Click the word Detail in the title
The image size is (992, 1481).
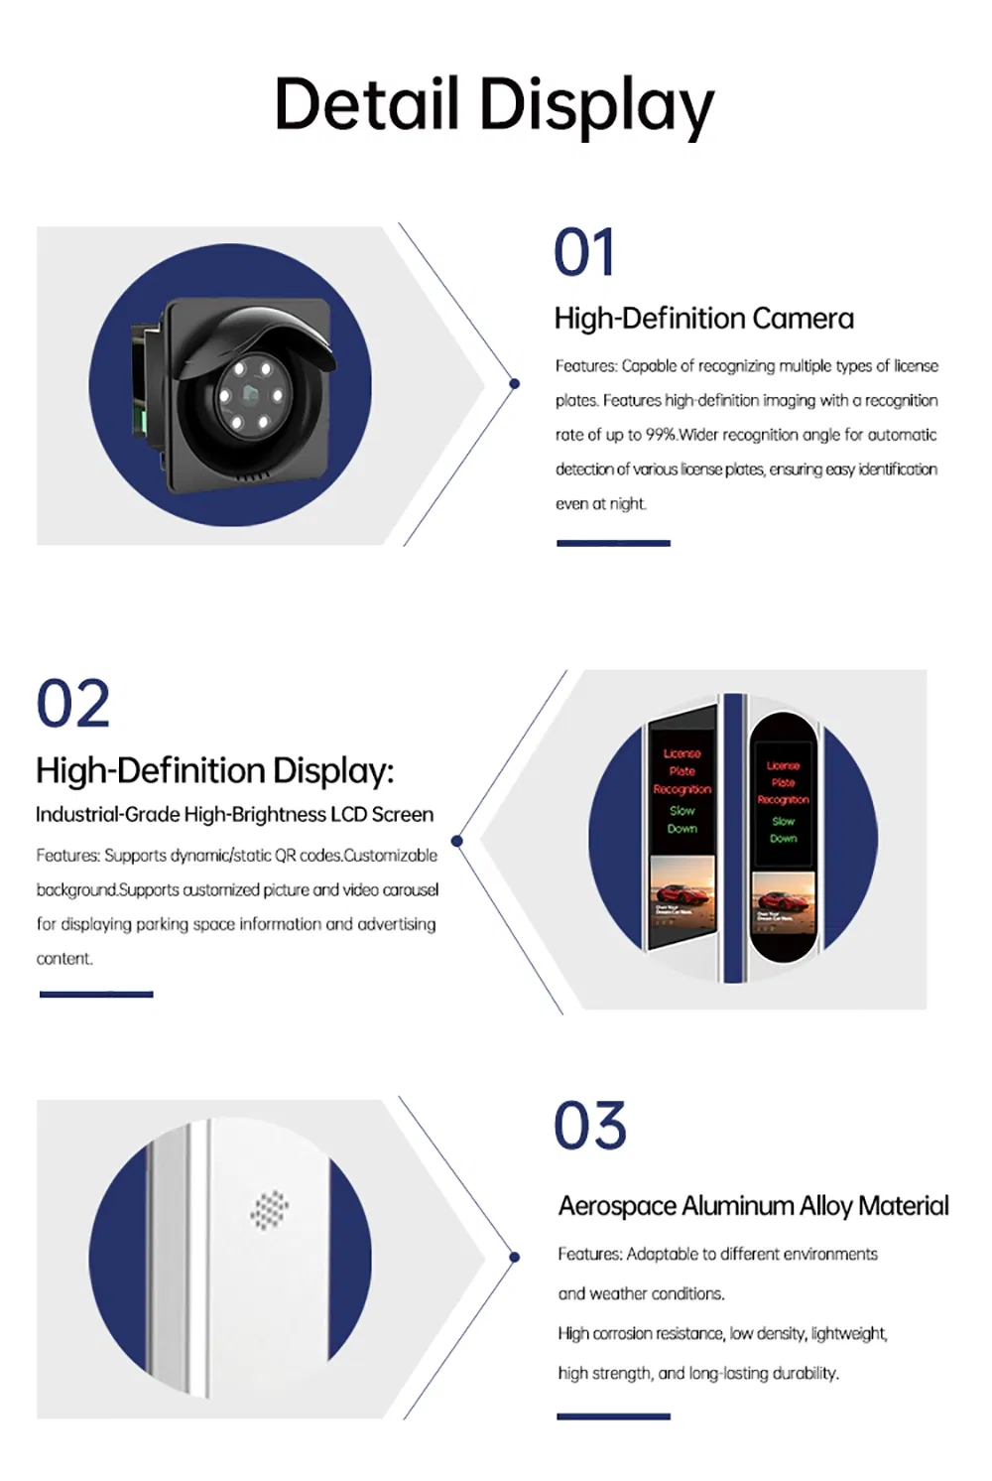366,104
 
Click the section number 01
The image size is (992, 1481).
584,253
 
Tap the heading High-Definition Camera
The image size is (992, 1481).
703,319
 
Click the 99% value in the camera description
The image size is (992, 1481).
661,435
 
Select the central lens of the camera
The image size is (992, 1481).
249,395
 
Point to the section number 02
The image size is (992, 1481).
72,704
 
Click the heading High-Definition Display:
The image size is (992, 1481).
214,771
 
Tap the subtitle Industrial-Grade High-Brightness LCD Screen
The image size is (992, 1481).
234,815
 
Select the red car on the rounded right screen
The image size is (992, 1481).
782,901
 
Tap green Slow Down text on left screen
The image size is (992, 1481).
682,820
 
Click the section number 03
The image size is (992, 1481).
590,1127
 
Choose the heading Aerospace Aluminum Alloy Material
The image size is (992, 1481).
753,1206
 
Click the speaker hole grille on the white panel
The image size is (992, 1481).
269,1209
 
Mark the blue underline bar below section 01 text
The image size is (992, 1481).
613,543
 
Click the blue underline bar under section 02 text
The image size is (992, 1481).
96,994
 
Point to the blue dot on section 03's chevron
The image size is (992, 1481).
514,1257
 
